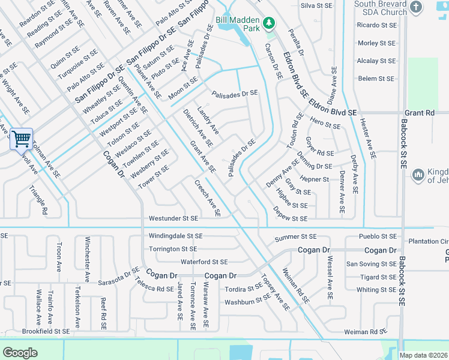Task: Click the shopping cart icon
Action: (x=21, y=139)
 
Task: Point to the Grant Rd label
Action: (x=420, y=113)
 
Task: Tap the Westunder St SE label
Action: (x=173, y=218)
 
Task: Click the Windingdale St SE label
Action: (x=176, y=237)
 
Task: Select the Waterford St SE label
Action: (x=204, y=262)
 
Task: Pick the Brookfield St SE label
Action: (x=46, y=331)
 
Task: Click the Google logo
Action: (x=20, y=353)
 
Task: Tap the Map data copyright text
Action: (x=424, y=355)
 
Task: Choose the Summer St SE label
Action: (x=295, y=238)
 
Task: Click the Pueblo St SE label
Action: (x=378, y=237)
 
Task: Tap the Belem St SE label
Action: (x=376, y=79)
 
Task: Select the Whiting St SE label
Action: (x=376, y=290)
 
